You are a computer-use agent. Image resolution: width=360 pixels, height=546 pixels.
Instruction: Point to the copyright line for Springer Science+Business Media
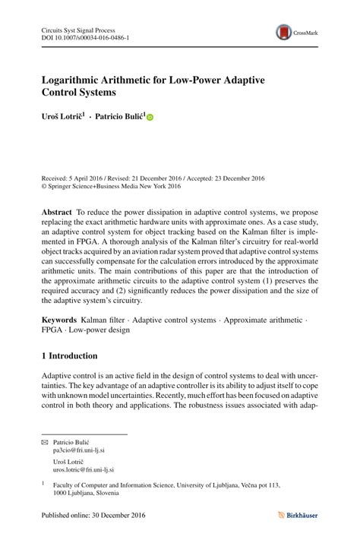coord(111,186)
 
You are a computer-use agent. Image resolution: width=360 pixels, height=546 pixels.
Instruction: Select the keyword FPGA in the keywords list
coord(52,331)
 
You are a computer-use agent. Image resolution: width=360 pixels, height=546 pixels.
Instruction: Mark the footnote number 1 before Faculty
coord(43,482)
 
